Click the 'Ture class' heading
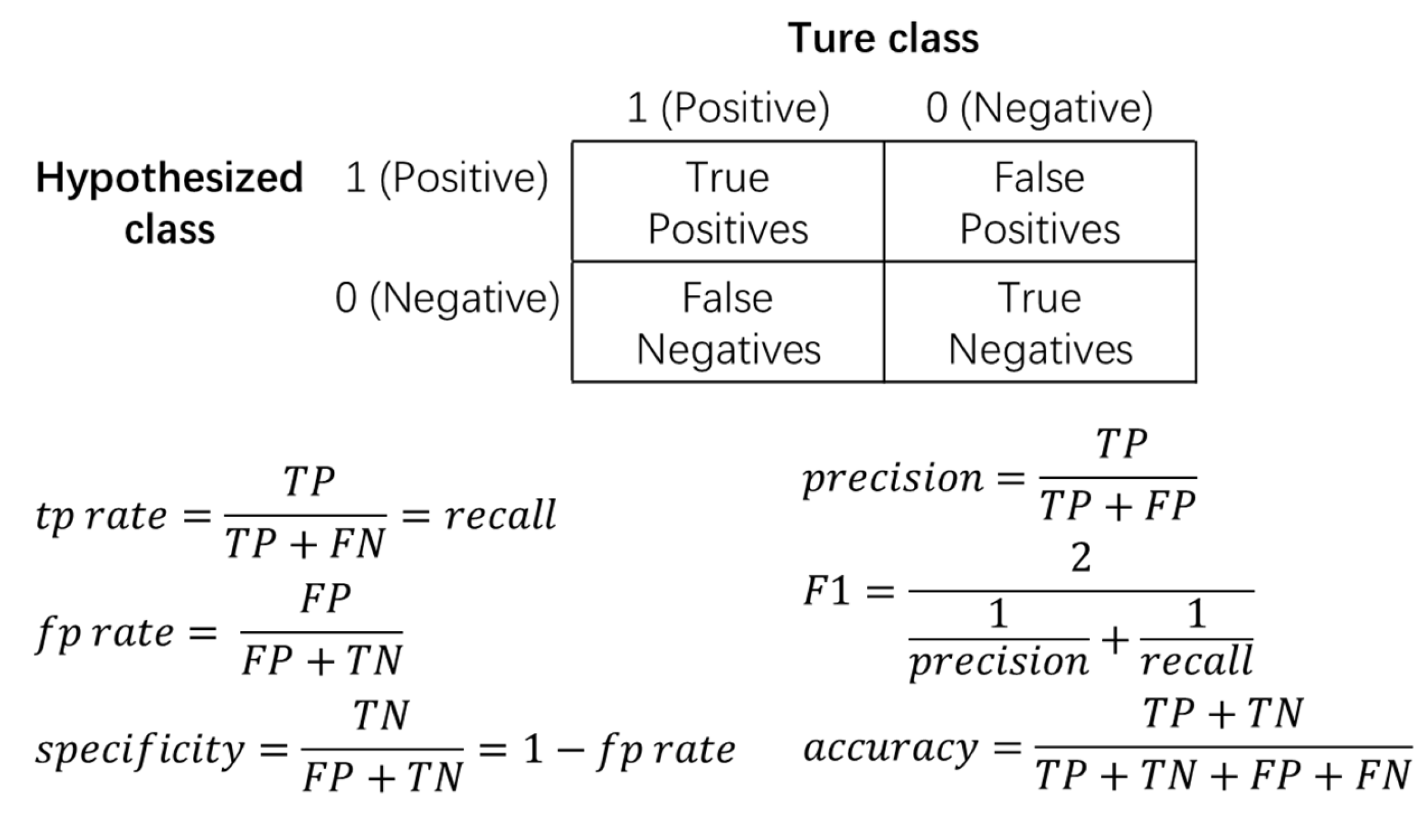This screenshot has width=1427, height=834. click(883, 39)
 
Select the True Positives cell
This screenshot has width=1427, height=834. click(728, 202)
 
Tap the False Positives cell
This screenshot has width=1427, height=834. click(1040, 202)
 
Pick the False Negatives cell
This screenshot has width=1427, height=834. click(728, 322)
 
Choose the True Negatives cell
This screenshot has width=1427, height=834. click(1040, 322)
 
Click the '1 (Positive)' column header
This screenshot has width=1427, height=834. click(728, 108)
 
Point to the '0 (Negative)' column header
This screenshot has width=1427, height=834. click(1039, 108)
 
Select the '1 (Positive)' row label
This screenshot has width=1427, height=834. click(446, 178)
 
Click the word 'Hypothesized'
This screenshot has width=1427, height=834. click(170, 178)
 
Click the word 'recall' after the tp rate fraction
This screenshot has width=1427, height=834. click(500, 515)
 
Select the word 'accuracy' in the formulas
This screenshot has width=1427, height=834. click(890, 748)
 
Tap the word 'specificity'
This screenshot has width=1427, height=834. click(140, 750)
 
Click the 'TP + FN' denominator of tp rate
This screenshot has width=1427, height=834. click(305, 543)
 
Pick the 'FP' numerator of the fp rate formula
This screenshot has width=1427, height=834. click(325, 598)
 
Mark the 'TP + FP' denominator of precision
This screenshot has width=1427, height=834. click(1118, 506)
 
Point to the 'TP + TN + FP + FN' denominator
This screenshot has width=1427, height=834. click(1222, 776)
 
